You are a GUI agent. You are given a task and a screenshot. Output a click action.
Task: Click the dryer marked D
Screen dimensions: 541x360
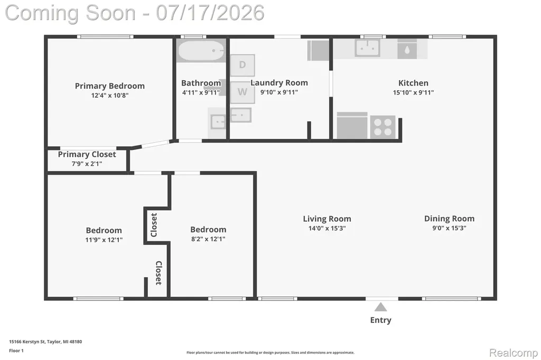coord(242,65)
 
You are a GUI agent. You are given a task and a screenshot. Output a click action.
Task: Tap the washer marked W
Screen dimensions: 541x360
coord(242,92)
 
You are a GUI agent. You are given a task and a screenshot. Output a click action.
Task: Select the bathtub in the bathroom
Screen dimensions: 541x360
coord(201,51)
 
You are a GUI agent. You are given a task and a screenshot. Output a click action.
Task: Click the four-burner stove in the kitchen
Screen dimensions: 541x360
coord(383,127)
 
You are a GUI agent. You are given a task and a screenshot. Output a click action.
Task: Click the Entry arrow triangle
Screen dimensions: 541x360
coord(380,307)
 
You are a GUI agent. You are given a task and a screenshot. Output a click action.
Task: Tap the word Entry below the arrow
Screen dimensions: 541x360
coord(380,320)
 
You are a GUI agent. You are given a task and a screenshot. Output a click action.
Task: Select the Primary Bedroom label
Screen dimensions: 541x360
coord(110,86)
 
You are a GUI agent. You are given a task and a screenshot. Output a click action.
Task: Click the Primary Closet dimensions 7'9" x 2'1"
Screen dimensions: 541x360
coord(87,164)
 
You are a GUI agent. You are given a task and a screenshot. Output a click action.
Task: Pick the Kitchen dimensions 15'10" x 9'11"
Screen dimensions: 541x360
coord(413,92)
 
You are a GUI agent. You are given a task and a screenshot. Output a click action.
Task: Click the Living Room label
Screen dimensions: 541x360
coord(327,219)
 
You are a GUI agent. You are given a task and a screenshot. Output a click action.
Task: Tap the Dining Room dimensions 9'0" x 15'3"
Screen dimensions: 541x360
coord(449,228)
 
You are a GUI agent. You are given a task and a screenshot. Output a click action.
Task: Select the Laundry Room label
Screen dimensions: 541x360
coord(279,83)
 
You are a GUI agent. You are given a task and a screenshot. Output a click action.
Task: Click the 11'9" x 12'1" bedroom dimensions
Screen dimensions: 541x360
coord(104,240)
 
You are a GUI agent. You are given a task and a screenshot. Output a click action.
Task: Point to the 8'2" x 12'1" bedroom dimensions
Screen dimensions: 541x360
coord(208,239)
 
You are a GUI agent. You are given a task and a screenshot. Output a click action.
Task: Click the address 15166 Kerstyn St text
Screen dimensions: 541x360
coord(27,342)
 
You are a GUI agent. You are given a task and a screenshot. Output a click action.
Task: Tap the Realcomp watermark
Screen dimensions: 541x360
coord(514,353)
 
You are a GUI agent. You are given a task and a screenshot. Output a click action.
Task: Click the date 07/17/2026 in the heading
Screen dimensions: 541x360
coord(210,13)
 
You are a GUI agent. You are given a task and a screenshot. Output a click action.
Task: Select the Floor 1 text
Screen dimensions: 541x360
coord(16,350)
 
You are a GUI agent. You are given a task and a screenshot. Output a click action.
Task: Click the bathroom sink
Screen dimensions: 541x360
coord(218,122)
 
